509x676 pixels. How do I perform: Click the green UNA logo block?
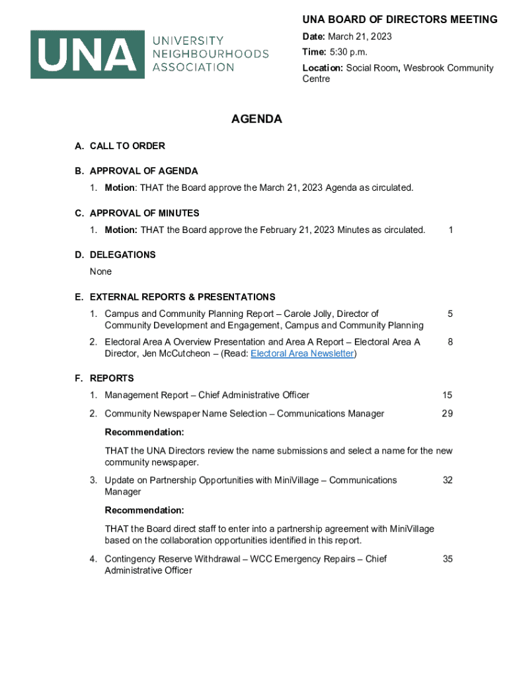pyautogui.click(x=87, y=54)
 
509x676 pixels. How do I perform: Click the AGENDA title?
pyautogui.click(x=256, y=119)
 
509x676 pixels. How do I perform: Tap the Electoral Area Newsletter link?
pyautogui.click(x=302, y=354)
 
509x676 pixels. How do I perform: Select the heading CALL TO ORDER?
pyautogui.click(x=127, y=146)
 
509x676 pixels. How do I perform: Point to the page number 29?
pyautogui.click(x=448, y=414)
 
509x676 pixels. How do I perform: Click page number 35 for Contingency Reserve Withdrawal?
pyautogui.click(x=448, y=559)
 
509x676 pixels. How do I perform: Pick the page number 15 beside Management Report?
pyautogui.click(x=448, y=395)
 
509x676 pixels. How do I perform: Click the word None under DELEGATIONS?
pyautogui.click(x=101, y=272)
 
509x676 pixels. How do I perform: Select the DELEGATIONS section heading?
pyautogui.click(x=122, y=255)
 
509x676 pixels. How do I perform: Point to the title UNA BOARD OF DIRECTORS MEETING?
pyautogui.click(x=400, y=20)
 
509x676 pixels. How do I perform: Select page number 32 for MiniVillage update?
pyautogui.click(x=448, y=481)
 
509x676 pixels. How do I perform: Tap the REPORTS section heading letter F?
pyautogui.click(x=79, y=378)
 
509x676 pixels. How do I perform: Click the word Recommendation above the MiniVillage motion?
pyautogui.click(x=144, y=510)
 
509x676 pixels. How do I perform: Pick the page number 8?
pyautogui.click(x=450, y=342)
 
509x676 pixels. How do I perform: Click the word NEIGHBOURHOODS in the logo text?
pyautogui.click(x=211, y=54)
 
